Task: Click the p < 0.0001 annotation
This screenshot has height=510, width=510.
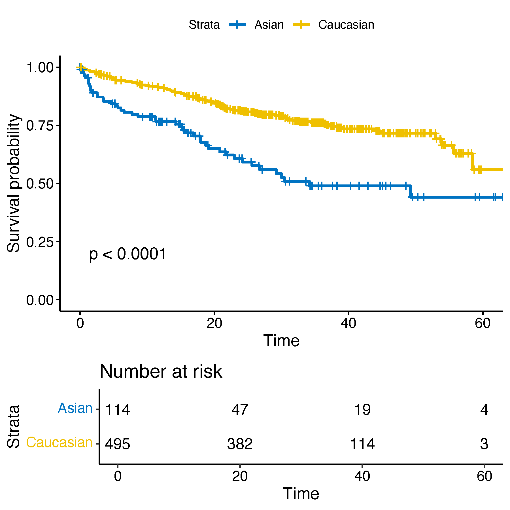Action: [127, 254]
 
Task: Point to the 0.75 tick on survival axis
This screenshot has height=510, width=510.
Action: [40, 126]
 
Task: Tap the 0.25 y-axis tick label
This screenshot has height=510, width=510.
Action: [40, 242]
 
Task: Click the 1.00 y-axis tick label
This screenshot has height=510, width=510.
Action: [40, 68]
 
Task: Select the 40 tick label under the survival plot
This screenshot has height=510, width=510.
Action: [348, 323]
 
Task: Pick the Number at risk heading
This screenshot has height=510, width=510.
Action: [161, 371]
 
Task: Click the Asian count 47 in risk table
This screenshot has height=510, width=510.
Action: [240, 410]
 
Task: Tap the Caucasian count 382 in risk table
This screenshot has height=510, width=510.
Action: [240, 444]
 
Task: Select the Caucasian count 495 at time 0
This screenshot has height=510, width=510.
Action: [118, 444]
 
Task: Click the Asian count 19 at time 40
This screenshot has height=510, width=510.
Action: [362, 410]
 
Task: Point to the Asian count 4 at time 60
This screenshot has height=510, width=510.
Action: [484, 410]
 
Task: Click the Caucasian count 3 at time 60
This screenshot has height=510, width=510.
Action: [484, 444]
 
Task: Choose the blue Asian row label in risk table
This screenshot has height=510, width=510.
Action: [75, 408]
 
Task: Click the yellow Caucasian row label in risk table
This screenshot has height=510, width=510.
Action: [59, 443]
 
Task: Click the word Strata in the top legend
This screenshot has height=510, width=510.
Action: [204, 25]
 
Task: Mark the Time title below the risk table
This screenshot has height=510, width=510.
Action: [301, 494]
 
